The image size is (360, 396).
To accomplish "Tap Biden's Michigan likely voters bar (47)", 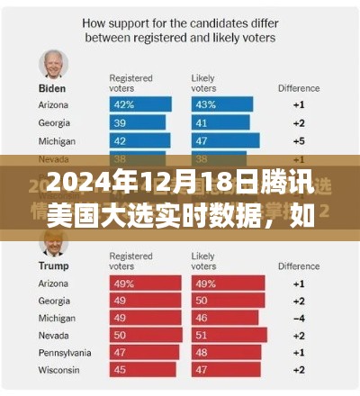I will point(223,139).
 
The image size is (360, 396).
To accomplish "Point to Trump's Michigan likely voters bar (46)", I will point(221,317).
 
